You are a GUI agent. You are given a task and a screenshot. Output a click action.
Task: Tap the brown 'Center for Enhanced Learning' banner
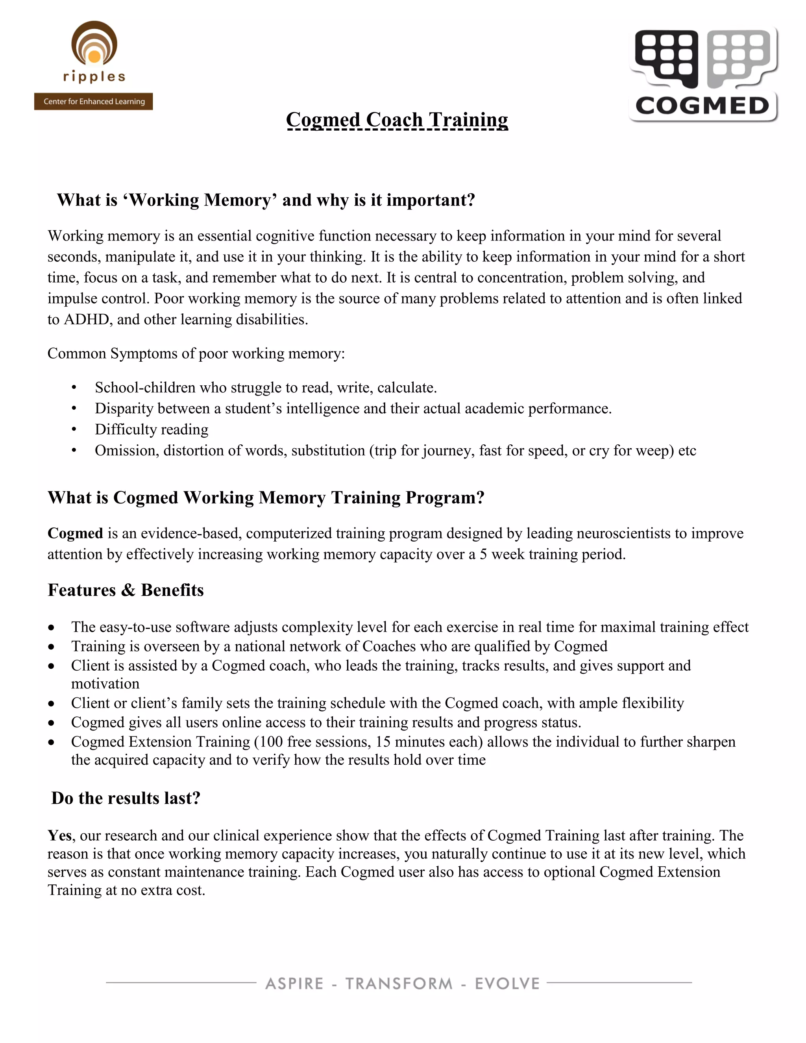tap(94, 101)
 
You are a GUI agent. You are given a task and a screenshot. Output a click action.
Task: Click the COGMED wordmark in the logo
tap(702, 105)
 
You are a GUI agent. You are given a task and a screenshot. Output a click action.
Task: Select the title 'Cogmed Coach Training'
tap(397, 119)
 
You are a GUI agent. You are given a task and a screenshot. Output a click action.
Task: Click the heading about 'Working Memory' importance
tap(266, 200)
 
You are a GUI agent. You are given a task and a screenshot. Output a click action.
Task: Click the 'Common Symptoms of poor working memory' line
tap(196, 353)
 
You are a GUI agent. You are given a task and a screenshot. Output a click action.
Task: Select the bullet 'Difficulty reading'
tap(152, 429)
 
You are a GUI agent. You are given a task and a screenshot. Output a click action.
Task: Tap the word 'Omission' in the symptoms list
tap(126, 450)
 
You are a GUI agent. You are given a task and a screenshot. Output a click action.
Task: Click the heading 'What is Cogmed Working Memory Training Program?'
tap(266, 497)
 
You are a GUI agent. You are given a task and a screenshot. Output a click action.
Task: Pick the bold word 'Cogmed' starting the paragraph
tap(75, 533)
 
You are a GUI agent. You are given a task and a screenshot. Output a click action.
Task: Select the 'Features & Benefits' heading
tap(126, 590)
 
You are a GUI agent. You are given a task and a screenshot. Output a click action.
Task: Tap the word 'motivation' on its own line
tap(105, 684)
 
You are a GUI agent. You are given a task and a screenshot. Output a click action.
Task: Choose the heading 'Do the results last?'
tap(126, 798)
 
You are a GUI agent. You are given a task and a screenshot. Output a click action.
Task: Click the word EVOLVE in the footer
tap(507, 984)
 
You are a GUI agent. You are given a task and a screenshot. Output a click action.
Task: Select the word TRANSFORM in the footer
tap(399, 984)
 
